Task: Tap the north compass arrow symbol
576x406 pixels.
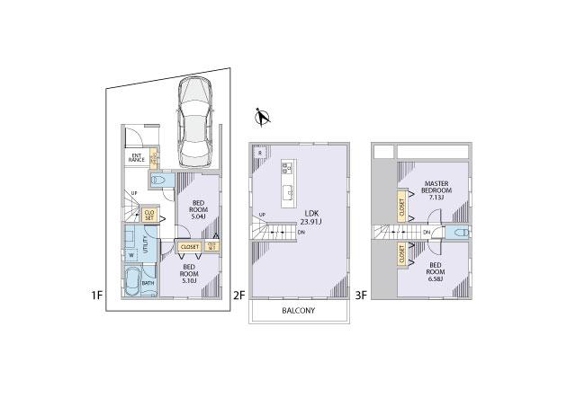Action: point(262,116)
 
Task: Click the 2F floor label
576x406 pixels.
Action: point(238,295)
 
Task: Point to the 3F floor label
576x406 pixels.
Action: point(361,295)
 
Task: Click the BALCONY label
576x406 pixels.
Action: point(299,311)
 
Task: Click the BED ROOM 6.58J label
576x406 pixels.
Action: point(435,271)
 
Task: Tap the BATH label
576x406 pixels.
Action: point(148,284)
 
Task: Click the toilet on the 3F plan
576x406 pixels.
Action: point(458,233)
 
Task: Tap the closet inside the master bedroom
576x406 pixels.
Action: point(401,207)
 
